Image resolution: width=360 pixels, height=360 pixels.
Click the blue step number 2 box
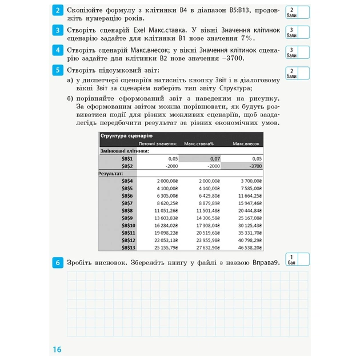point(58,11)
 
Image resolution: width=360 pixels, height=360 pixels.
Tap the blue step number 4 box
point(58,51)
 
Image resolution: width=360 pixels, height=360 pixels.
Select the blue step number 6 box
point(58,263)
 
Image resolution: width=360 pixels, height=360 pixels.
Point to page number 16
point(56,350)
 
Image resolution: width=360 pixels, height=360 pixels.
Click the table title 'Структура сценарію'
point(126,136)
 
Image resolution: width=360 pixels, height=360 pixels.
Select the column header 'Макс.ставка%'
point(199,143)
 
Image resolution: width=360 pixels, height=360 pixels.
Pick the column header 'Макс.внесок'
point(246,143)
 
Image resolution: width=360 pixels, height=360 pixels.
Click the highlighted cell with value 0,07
point(200,158)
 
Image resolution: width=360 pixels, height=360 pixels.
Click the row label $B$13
point(127,247)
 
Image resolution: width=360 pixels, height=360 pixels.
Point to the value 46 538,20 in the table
point(247,247)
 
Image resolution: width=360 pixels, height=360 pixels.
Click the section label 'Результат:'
point(111,173)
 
